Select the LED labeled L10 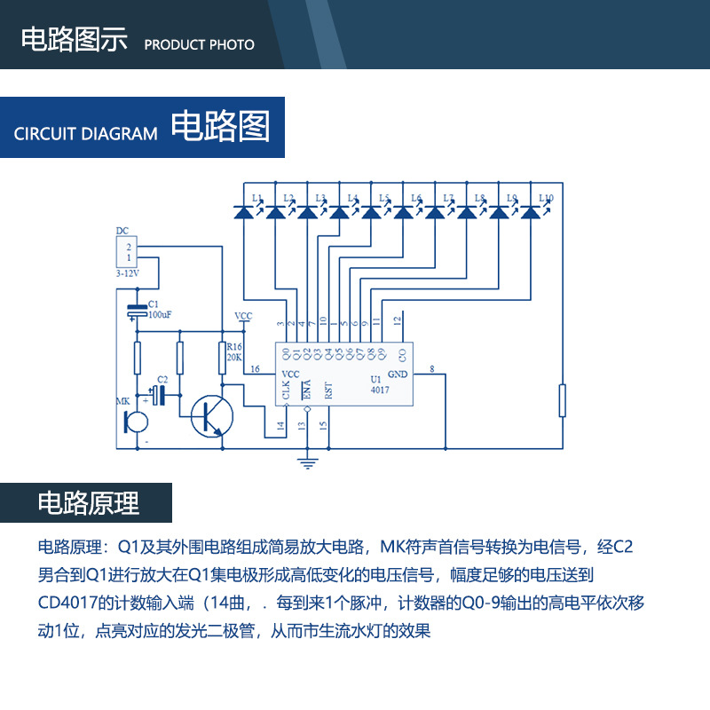pos(531,212)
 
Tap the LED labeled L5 pos(372,212)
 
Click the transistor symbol pos(211,414)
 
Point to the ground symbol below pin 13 pos(307,461)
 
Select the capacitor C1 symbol pos(138,311)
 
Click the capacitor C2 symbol pos(160,394)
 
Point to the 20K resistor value pos(234,357)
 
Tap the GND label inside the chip pos(398,375)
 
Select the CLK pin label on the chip pos(286,390)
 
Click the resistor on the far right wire pos(563,399)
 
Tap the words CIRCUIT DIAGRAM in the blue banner pos(86,134)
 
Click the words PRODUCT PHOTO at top pos(199,44)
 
